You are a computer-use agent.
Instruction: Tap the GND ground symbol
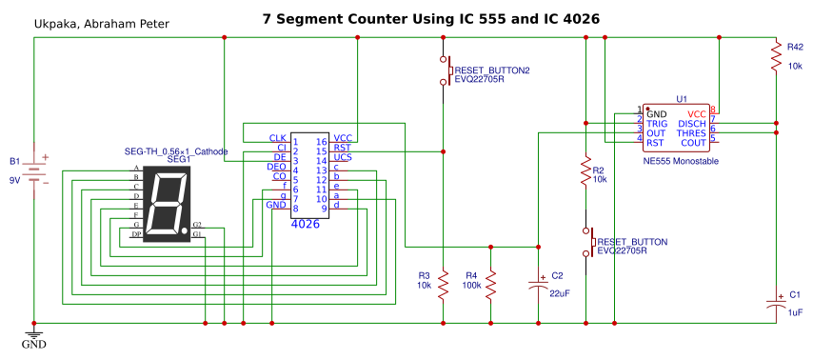point(34,335)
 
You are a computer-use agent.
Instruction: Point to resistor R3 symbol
point(443,284)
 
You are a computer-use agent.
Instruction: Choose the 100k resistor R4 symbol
point(490,284)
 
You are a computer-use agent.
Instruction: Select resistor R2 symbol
point(585,173)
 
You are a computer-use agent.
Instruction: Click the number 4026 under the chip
point(305,222)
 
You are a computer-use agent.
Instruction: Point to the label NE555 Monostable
point(680,162)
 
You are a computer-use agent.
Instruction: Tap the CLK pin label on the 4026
point(277,139)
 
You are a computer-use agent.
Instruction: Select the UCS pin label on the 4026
point(342,158)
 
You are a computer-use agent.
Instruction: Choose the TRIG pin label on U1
point(657,123)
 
